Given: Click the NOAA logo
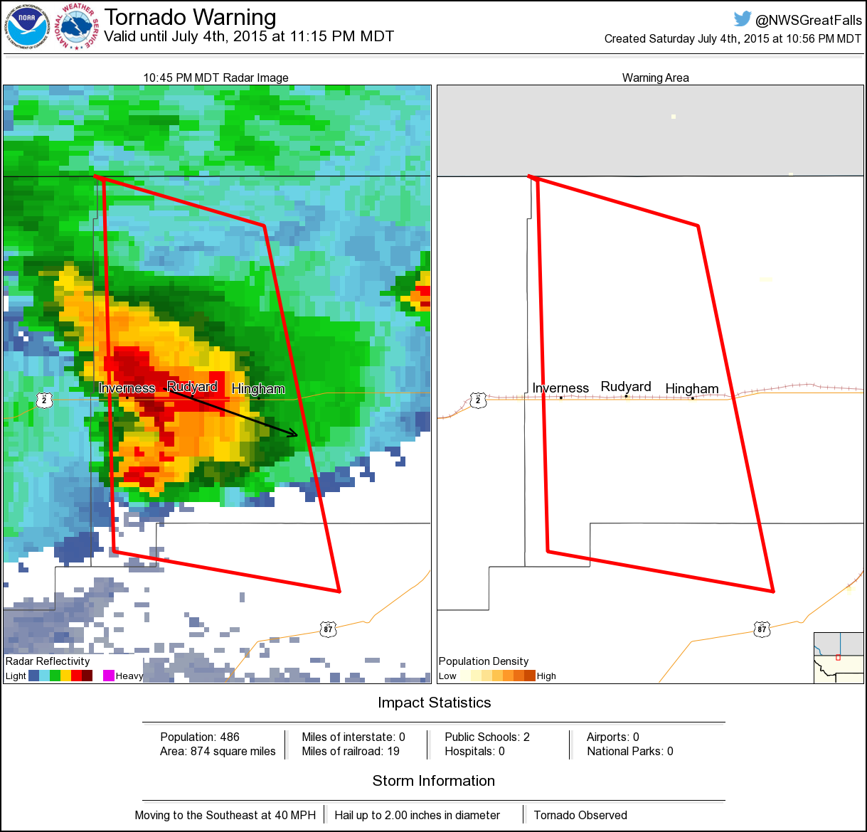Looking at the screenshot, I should (27, 27).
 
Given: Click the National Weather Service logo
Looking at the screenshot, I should (78, 27).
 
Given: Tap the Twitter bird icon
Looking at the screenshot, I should (743, 18).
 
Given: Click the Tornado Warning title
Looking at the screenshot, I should (190, 17).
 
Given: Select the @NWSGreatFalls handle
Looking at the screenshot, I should (809, 20).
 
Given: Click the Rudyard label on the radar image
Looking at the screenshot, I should (192, 386).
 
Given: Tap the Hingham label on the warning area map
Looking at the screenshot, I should (691, 388).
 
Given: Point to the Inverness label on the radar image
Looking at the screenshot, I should (127, 388).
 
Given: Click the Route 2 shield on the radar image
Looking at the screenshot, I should (44, 400).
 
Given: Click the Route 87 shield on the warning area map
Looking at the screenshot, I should (762, 629).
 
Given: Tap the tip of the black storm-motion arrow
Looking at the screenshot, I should (297, 434).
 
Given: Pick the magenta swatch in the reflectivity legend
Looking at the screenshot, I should (109, 676).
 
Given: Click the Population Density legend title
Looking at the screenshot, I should (484, 661).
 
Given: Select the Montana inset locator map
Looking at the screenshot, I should (839, 658).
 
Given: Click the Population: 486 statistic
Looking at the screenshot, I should (200, 737).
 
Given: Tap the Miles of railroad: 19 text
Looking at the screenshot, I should (351, 751).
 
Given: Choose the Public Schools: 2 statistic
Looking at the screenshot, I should (487, 737).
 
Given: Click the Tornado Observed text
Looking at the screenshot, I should (580, 815).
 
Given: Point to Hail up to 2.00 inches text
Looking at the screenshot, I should (417, 815).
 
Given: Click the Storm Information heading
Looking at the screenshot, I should (434, 781).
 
